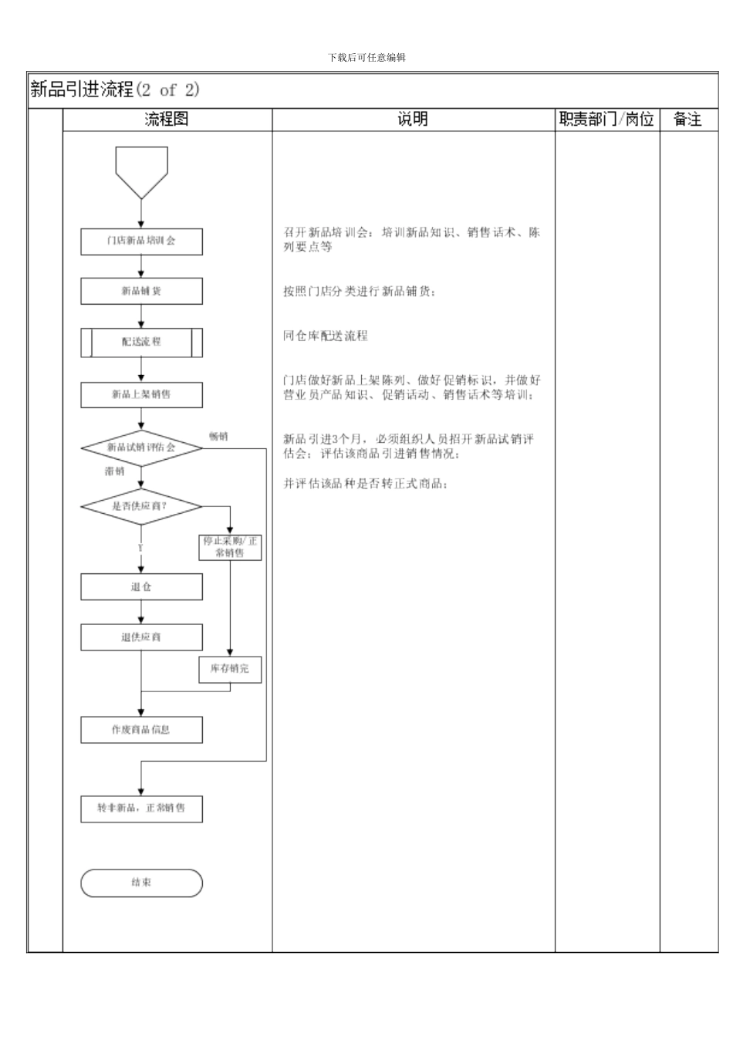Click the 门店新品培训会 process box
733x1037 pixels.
click(141, 242)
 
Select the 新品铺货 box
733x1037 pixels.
click(141, 292)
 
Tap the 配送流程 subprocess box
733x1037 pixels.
click(141, 342)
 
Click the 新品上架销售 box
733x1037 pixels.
click(141, 395)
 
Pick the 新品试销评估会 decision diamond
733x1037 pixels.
click(141, 448)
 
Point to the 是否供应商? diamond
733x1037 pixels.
click(141, 506)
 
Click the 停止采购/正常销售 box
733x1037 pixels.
click(230, 547)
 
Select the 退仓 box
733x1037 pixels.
click(141, 587)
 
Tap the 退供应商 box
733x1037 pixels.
click(141, 637)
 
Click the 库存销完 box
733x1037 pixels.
click(230, 669)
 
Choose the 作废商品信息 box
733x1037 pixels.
click(141, 730)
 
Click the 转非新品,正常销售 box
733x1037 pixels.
click(141, 809)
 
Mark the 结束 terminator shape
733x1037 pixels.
click(141, 883)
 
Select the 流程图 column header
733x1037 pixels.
click(167, 120)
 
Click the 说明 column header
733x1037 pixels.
click(413, 120)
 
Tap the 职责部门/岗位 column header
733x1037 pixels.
click(606, 120)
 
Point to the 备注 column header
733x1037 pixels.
click(687, 120)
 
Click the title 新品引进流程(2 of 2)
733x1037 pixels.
click(115, 90)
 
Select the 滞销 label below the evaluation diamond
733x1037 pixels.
click(114, 471)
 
